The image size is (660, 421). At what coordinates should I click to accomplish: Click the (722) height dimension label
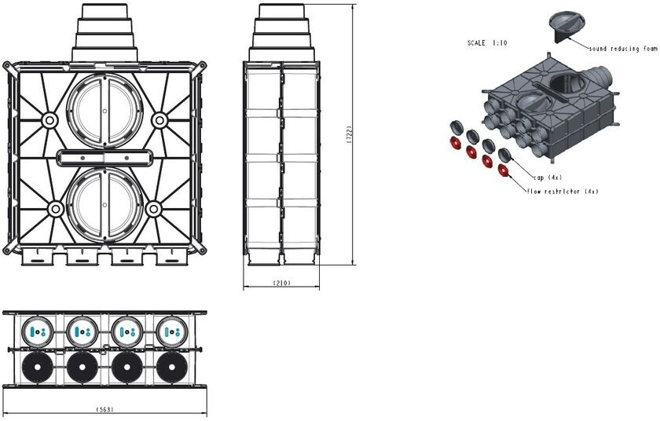click(x=349, y=135)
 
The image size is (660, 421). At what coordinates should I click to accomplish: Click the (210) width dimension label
click(x=281, y=283)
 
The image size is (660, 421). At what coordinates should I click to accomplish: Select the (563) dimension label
click(x=104, y=409)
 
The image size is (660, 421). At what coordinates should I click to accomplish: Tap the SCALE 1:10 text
click(x=487, y=43)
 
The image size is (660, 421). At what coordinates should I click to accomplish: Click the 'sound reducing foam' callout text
click(x=623, y=49)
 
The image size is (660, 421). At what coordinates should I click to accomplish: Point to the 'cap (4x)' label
click(x=548, y=178)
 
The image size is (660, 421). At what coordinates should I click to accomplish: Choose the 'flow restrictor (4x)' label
click(x=563, y=192)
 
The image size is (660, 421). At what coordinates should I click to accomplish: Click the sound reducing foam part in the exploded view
click(x=567, y=25)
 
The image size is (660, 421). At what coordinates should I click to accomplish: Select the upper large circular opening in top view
click(x=104, y=110)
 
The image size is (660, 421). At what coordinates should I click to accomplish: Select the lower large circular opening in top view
click(x=104, y=205)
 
